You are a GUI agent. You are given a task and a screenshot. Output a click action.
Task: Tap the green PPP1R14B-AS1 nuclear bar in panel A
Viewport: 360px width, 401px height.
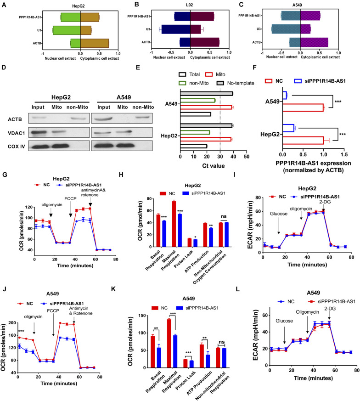pos(70,17)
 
